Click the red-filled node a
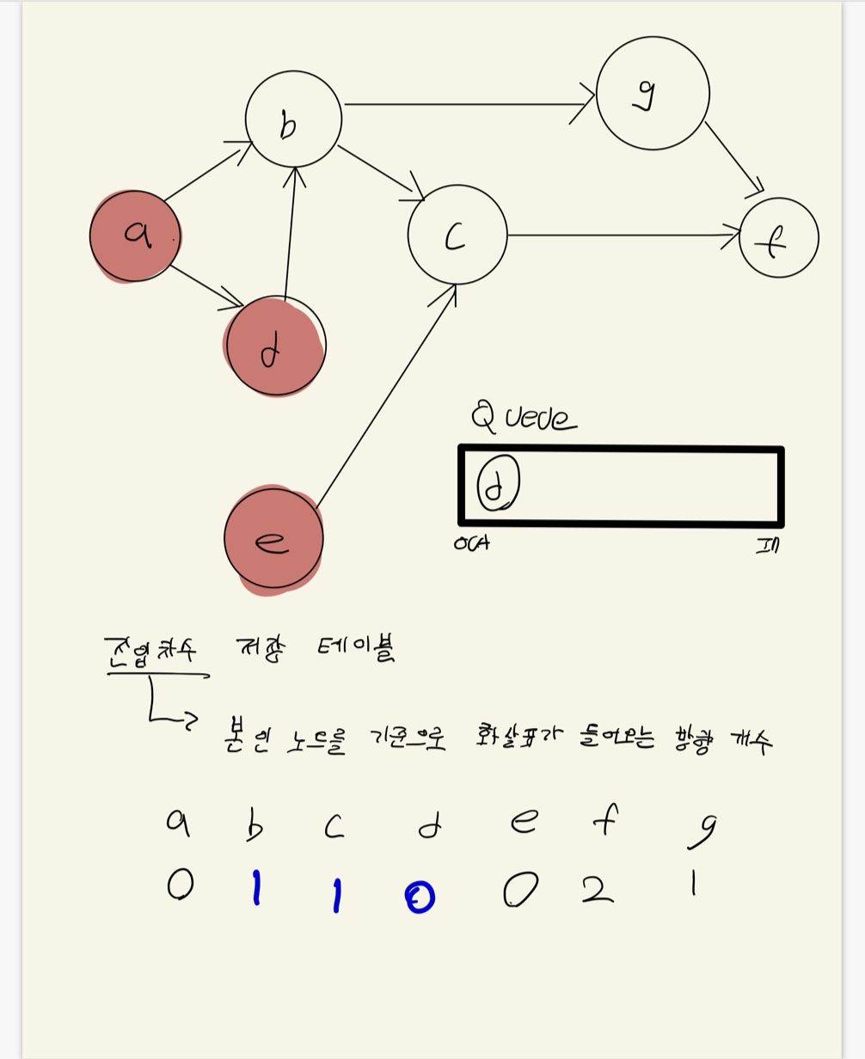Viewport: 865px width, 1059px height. tap(135, 236)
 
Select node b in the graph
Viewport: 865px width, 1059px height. tap(293, 119)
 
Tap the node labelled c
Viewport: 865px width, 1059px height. tap(457, 235)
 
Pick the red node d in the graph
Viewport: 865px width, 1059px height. tap(275, 346)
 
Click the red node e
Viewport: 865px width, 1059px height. tap(273, 539)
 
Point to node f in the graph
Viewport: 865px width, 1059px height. tap(778, 238)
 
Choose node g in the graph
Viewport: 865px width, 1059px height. tap(652, 93)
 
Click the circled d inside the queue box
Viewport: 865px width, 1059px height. tap(498, 484)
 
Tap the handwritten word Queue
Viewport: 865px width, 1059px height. tap(524, 418)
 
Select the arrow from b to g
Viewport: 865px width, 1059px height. tap(469, 104)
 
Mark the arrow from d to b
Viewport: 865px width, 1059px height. tap(290, 232)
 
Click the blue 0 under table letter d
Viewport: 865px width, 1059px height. tap(420, 897)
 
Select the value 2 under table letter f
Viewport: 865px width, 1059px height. tap(598, 889)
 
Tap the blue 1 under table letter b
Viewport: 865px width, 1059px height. tap(255, 888)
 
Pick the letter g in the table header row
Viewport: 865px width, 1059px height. tap(704, 829)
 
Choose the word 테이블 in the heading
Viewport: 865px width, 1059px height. tap(356, 647)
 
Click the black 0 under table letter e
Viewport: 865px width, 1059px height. tap(520, 890)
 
